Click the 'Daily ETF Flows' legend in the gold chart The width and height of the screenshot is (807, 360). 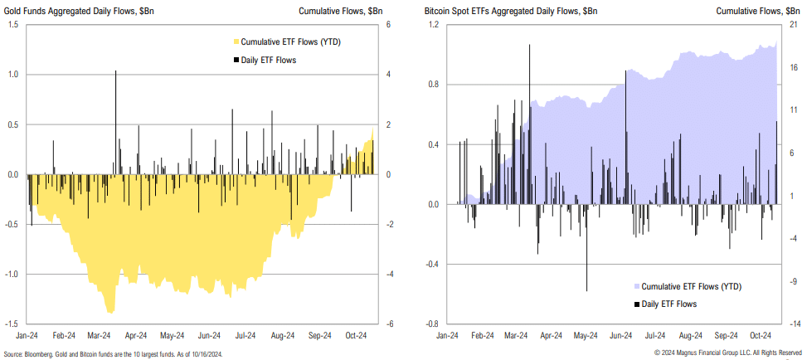266,60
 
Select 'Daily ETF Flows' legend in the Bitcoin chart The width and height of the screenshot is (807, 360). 673,304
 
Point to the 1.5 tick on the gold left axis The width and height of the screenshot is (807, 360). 14,25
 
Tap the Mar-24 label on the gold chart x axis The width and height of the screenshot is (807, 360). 100,336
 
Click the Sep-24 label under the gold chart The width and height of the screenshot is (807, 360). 320,336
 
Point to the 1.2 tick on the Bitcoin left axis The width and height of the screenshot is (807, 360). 431,25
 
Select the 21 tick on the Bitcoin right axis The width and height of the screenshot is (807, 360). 792,25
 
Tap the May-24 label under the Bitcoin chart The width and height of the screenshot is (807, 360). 586,336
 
